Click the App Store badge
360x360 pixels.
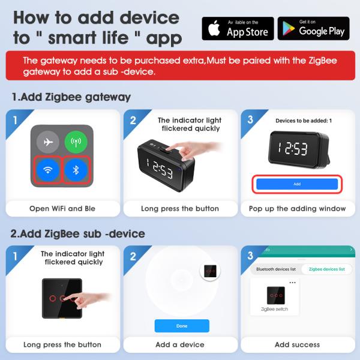(x=238, y=28)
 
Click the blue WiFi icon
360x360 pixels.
(x=48, y=171)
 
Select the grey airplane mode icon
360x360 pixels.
(x=48, y=142)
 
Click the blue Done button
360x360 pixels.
(x=182, y=326)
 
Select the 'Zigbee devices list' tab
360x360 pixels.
(x=326, y=269)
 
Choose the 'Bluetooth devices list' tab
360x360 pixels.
(x=276, y=269)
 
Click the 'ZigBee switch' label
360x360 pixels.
(x=274, y=308)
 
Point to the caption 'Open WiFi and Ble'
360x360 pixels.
(x=62, y=209)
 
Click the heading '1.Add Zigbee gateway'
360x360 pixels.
(x=71, y=97)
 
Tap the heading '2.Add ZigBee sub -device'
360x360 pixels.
(x=78, y=233)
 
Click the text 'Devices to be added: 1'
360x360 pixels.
(x=299, y=121)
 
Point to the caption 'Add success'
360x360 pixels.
(x=298, y=345)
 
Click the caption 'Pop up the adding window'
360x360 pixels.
(x=298, y=209)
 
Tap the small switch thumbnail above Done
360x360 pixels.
(x=210, y=271)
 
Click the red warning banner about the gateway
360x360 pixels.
(x=179, y=66)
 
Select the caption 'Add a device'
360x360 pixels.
(x=180, y=345)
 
